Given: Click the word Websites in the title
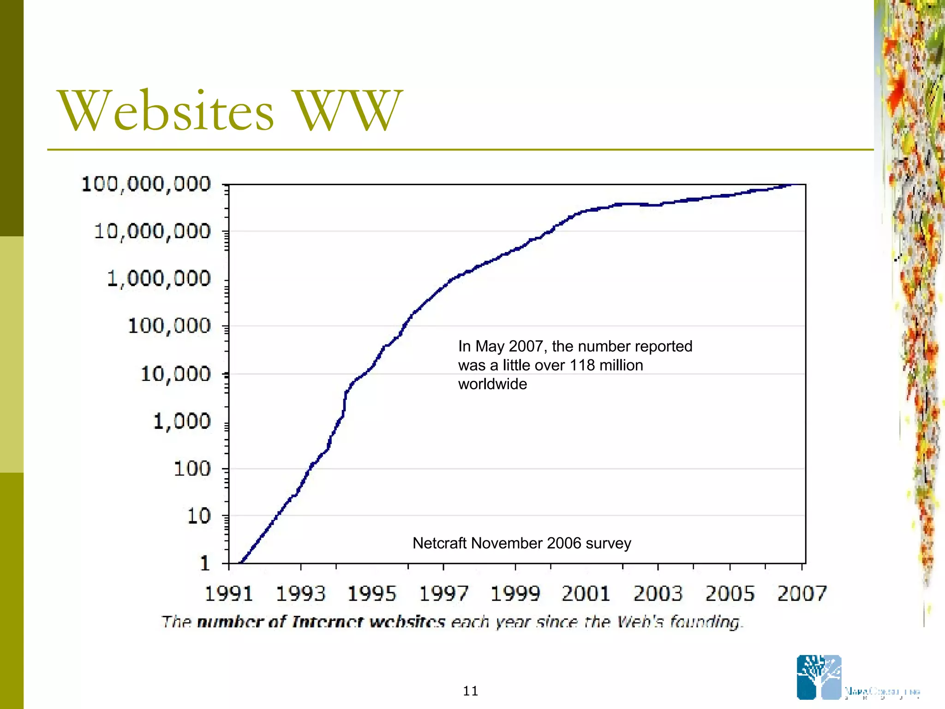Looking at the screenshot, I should click(x=166, y=111).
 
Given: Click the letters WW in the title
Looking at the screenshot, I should click(x=347, y=111).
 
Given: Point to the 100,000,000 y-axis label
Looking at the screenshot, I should click(x=146, y=184).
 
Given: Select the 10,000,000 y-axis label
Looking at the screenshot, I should click(x=152, y=231).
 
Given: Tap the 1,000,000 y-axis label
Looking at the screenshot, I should click(x=159, y=279).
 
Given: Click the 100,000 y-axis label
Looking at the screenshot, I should click(x=169, y=326).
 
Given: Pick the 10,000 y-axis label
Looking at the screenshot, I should click(x=175, y=374).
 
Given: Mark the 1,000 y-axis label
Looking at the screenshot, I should click(x=181, y=421).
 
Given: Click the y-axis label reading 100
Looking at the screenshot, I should click(x=192, y=469).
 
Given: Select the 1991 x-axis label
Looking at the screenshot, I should click(x=229, y=594).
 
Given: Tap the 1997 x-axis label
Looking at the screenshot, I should click(x=443, y=594).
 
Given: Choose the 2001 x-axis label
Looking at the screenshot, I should click(x=586, y=594).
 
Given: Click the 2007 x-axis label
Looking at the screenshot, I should click(x=802, y=594).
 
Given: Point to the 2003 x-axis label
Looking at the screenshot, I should click(x=658, y=594).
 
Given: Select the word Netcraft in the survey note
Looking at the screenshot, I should click(x=439, y=543).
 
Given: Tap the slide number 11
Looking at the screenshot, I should click(x=470, y=691).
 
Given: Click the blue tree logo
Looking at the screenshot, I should click(x=819, y=677).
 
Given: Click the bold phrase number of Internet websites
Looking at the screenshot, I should click(x=321, y=622).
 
